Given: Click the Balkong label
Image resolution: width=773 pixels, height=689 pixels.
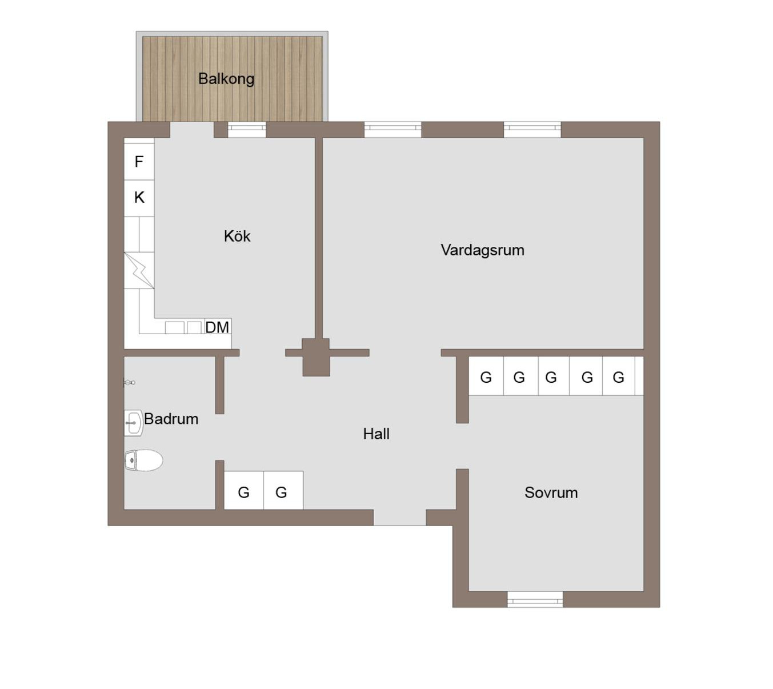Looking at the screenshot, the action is (226, 79).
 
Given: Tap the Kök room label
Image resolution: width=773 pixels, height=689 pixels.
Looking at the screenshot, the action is (237, 236).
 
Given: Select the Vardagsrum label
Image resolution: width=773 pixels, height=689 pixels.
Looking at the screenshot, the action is (482, 250).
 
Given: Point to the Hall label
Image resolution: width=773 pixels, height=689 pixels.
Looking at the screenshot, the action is (376, 434).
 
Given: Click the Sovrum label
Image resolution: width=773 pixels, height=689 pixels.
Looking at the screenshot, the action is (551, 492).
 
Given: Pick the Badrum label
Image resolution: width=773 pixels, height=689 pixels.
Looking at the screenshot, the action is (171, 419).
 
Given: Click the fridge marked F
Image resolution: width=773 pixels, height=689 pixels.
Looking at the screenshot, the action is (139, 161).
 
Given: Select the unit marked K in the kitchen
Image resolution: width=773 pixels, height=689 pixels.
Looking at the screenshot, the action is (139, 198).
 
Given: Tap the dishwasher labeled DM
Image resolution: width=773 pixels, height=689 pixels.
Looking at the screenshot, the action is (217, 327).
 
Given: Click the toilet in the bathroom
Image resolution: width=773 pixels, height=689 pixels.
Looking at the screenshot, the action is (143, 460).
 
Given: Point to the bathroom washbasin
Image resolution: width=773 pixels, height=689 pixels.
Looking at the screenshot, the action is (134, 423).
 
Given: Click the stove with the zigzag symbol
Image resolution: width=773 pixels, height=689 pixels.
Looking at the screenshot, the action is (139, 270).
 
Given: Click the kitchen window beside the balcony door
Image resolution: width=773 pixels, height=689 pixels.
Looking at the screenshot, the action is (247, 130).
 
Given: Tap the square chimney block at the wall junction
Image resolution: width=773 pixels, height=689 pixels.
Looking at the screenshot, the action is (316, 357).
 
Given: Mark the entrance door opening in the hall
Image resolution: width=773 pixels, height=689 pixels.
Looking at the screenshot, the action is (399, 518).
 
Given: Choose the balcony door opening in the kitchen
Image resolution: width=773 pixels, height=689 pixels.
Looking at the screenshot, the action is (191, 130).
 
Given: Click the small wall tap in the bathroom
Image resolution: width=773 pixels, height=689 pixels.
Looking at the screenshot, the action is (129, 382).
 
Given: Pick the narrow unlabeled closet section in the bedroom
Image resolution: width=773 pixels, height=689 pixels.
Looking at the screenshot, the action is (639, 376).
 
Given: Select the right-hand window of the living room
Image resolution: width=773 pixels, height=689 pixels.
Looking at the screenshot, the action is (532, 130).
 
